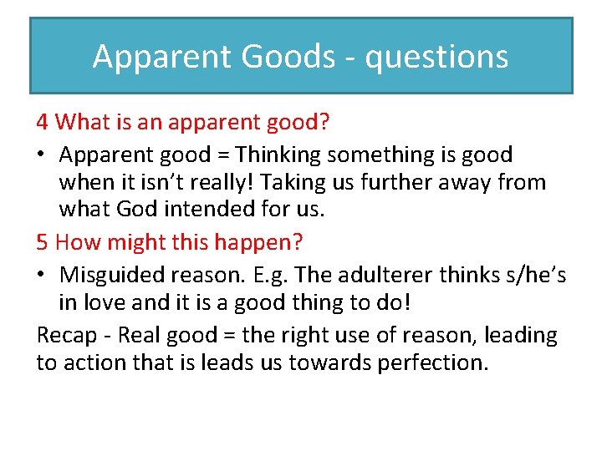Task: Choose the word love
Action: [102, 302]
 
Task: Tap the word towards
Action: [334, 362]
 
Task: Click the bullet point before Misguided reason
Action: [42, 276]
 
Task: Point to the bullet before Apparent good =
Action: [42, 155]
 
